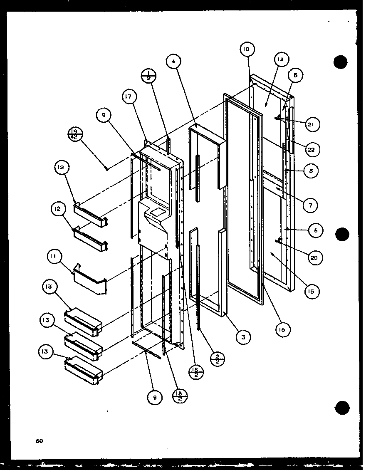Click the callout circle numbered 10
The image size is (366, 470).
click(246, 49)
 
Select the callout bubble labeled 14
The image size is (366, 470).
click(280, 60)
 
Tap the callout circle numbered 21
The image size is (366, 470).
click(312, 124)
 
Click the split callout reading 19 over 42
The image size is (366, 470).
click(75, 135)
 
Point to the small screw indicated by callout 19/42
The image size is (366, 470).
click(107, 168)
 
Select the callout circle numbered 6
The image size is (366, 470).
click(316, 230)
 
